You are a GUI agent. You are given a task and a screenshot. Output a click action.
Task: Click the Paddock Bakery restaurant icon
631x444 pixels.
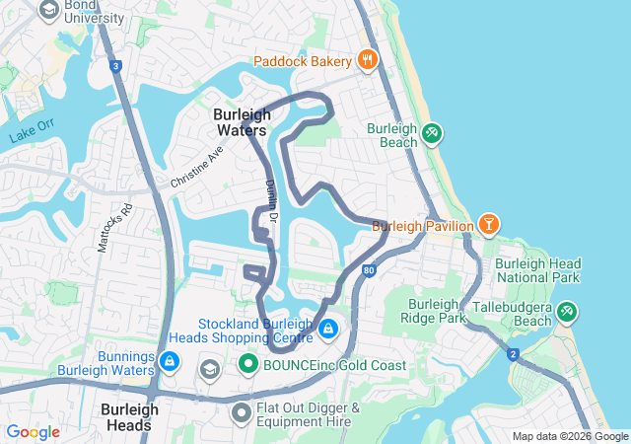pyautogui.click(x=368, y=60)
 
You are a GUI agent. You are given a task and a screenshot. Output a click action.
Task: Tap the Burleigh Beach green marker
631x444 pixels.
pyautogui.click(x=431, y=133)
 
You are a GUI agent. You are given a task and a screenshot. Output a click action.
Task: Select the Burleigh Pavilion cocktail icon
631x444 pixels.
pyautogui.click(x=488, y=225)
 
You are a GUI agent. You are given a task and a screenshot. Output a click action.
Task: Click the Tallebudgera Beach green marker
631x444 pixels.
pyautogui.click(x=566, y=312)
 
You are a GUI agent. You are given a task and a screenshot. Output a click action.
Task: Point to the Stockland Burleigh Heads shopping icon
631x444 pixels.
pyautogui.click(x=327, y=328)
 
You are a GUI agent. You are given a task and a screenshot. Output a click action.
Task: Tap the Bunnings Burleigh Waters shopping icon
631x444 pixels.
pyautogui.click(x=170, y=361)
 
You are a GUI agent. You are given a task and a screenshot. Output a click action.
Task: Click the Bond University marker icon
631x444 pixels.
pyautogui.click(x=47, y=10)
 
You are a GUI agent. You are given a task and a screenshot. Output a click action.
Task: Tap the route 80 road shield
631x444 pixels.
pyautogui.click(x=368, y=268)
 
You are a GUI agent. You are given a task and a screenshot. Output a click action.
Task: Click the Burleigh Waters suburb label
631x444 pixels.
pyautogui.click(x=241, y=121)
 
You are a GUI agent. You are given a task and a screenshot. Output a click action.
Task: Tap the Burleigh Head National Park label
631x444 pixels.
pyautogui.click(x=538, y=271)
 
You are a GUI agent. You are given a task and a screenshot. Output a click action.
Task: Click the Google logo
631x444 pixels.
pyautogui.click(x=33, y=432)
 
